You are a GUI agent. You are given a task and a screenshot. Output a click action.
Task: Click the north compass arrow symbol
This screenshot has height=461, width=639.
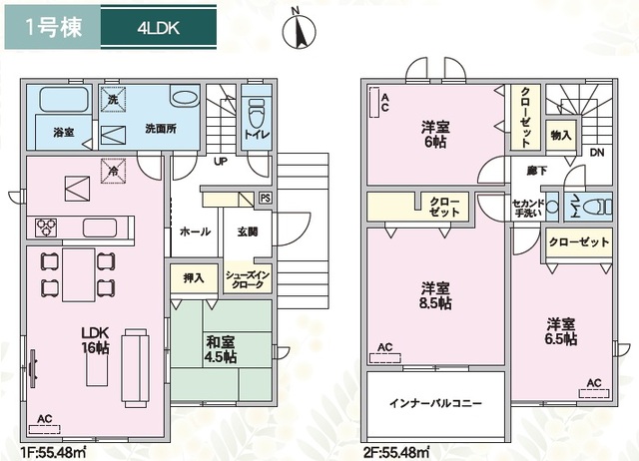[x=296, y=29]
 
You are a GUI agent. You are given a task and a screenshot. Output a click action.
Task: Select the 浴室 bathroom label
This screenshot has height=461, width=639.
[x=49, y=131]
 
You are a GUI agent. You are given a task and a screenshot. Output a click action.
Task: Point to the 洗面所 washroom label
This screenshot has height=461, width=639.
[x=161, y=129]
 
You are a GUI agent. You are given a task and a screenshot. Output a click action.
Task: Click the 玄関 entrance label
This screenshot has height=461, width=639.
[x=248, y=231]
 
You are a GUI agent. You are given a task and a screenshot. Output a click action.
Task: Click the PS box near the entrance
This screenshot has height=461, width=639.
[x=265, y=198]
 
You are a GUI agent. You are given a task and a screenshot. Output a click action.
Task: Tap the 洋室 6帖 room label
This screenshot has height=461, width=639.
[x=433, y=134]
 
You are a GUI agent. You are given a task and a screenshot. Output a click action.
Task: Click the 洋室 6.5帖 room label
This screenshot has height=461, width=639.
[x=561, y=331]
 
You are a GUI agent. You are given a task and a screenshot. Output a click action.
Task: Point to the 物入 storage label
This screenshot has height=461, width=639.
[x=560, y=136]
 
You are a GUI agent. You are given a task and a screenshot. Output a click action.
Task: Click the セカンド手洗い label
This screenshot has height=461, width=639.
[x=525, y=209]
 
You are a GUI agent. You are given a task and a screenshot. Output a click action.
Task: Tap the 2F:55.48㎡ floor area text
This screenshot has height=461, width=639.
[x=394, y=452]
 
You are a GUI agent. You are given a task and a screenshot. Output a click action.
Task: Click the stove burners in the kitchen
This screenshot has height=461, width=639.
[x=46, y=227]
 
